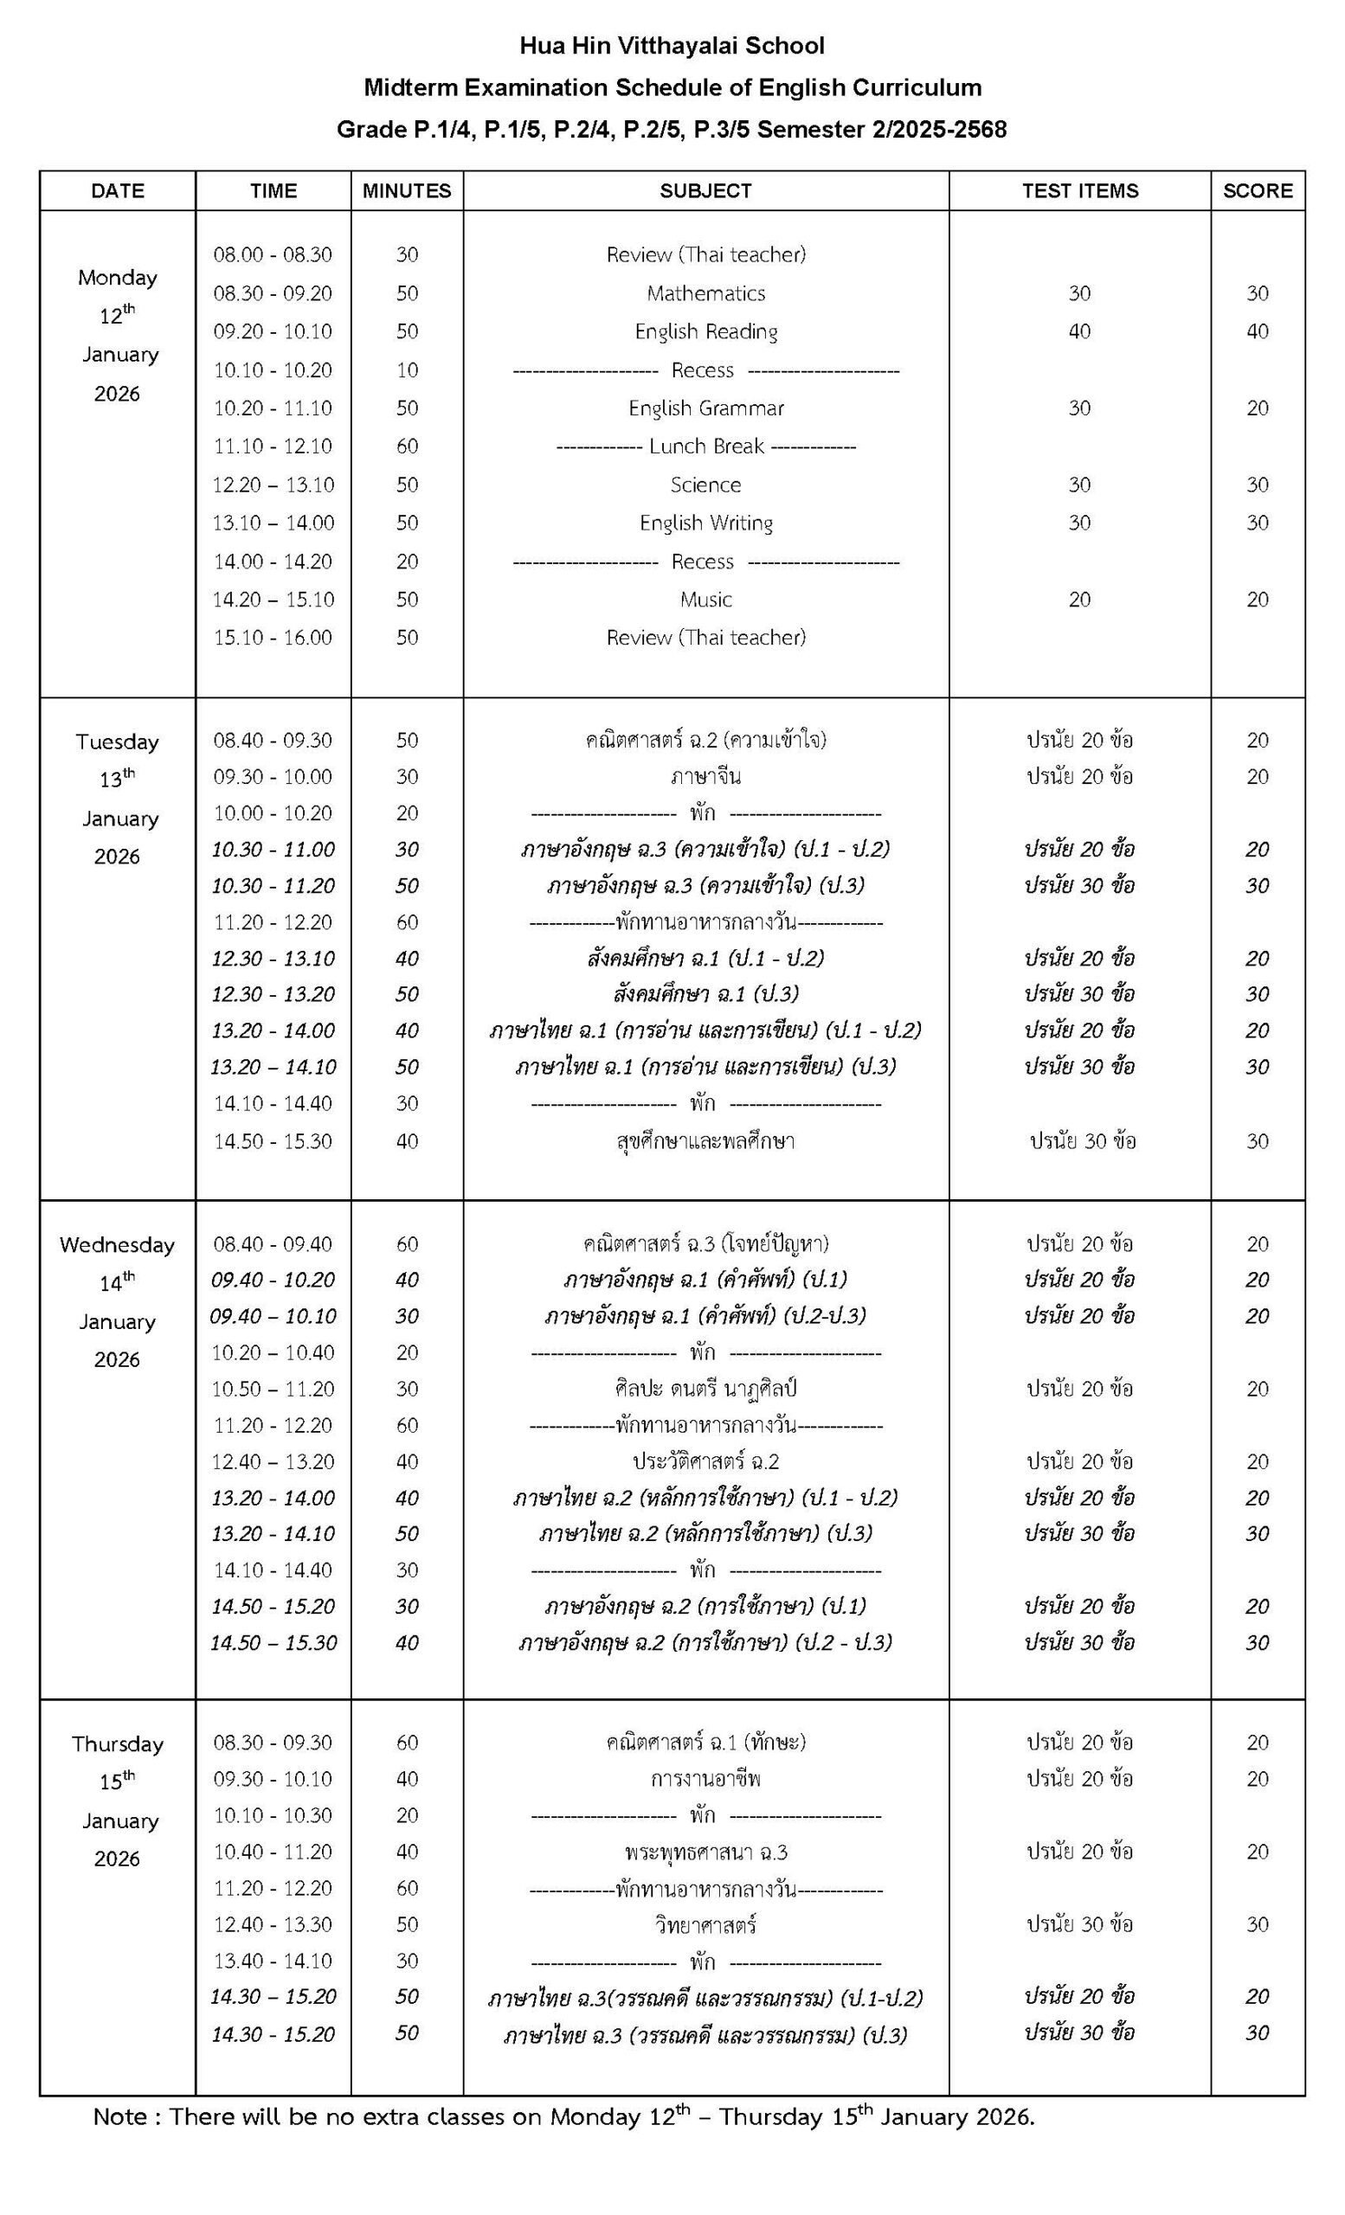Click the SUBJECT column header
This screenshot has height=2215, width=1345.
click(x=705, y=190)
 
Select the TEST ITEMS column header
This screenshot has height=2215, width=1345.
click(x=1079, y=190)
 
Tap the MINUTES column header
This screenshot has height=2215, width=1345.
click(x=407, y=190)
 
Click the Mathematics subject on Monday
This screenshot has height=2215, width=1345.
click(x=705, y=293)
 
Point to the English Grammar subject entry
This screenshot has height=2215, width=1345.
click(x=705, y=408)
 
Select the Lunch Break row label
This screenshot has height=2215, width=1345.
click(x=705, y=446)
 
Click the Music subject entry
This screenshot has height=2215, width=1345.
click(x=705, y=600)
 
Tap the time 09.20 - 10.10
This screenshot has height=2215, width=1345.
click(x=273, y=331)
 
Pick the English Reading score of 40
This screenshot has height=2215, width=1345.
click(x=1257, y=331)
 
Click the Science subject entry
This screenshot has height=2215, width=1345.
click(x=705, y=485)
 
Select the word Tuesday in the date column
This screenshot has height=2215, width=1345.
click(x=117, y=742)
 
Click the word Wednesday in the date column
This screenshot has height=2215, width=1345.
click(x=117, y=1244)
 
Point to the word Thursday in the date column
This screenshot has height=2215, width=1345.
click(x=117, y=1744)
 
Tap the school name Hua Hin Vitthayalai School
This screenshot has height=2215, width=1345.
click(x=672, y=45)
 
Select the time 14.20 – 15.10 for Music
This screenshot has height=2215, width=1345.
click(x=273, y=600)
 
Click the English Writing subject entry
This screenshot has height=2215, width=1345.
click(x=705, y=523)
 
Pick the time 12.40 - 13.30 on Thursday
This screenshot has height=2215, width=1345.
click(x=273, y=1923)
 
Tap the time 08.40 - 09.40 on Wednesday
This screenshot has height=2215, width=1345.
click(x=273, y=1244)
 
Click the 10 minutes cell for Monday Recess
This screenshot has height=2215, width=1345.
click(x=407, y=370)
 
